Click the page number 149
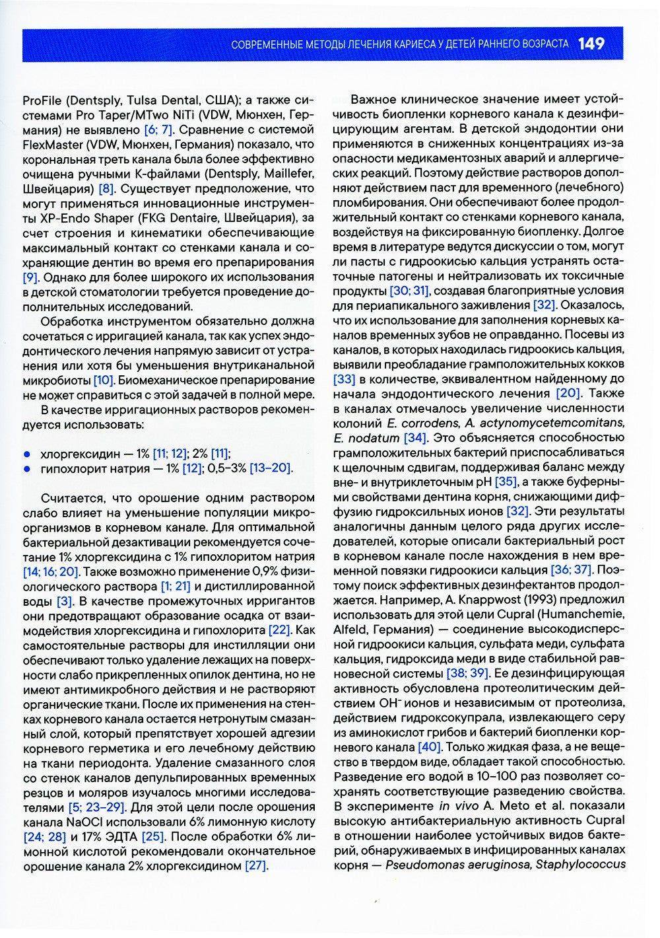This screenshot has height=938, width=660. point(591,44)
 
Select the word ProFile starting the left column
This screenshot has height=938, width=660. point(42,100)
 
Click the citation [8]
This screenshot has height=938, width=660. point(106,189)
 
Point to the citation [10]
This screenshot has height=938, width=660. point(104,380)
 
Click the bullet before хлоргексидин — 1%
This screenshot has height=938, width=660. point(27,454)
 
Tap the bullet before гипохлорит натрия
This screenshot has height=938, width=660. point(27,468)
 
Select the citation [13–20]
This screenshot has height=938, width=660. point(271,468)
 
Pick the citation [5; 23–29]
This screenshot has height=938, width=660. point(96,807)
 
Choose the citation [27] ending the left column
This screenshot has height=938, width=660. point(255,865)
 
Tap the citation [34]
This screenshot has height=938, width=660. point(415,438)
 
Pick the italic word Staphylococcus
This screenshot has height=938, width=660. point(581,865)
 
